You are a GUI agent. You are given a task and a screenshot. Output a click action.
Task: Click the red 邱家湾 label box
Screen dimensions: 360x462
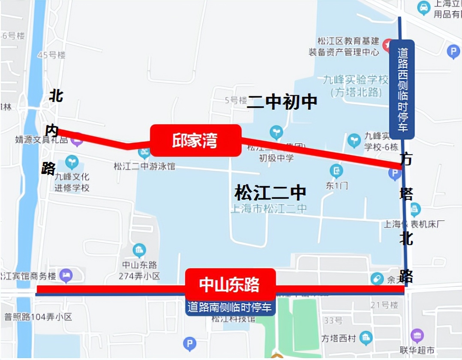tap(195, 141)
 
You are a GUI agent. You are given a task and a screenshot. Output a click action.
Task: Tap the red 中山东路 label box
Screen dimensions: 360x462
tap(230, 284)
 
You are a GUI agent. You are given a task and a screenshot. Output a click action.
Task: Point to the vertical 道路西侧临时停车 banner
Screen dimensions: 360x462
tap(402, 89)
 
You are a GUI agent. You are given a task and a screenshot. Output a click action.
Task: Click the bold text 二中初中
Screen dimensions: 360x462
tap(282, 102)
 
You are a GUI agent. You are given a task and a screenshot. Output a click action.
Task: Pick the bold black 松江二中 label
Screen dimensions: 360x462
tap(270, 192)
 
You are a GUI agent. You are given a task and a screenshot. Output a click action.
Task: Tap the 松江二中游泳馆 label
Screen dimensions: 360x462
tap(144, 166)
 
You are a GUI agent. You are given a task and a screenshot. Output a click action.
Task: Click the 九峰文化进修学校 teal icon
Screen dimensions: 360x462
tap(72, 162)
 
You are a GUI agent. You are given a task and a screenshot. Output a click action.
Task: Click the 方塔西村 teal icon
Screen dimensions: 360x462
tap(366, 338)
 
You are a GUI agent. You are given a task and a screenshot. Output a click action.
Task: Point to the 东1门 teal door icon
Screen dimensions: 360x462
tap(336, 171)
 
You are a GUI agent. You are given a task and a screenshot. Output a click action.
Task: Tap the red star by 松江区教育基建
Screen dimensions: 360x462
tap(387, 44)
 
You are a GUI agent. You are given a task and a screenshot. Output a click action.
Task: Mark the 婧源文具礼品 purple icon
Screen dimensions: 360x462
tap(77, 139)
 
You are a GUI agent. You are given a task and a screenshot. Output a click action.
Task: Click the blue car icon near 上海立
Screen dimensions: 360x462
tap(423, 8)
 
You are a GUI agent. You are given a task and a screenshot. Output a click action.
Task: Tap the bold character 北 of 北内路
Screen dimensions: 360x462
tap(56, 96)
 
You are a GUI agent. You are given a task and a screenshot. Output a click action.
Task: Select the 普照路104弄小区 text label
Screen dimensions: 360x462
tap(38, 317)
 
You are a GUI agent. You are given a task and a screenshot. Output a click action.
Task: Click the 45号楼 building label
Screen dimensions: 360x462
tap(51, 55)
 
